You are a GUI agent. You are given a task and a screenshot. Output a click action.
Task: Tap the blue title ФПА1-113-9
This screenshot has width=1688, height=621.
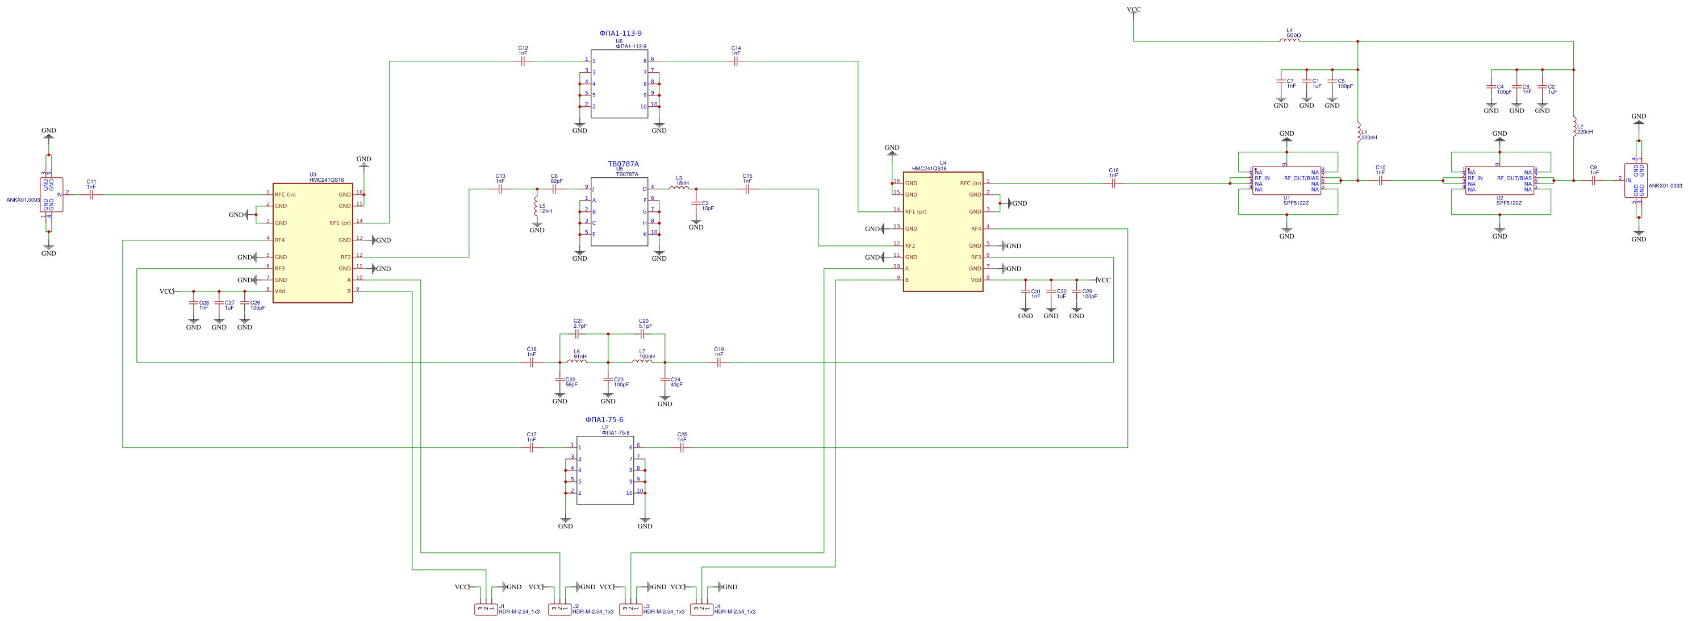coord(620,33)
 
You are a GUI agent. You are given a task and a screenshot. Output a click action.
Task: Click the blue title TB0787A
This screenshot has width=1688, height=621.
coord(622,164)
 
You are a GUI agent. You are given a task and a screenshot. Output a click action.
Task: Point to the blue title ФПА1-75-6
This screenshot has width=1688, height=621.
coord(604,420)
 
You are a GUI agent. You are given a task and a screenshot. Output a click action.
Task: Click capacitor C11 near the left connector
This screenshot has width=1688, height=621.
coord(91,194)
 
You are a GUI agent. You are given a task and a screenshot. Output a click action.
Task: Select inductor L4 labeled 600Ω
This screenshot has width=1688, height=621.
coord(1289,41)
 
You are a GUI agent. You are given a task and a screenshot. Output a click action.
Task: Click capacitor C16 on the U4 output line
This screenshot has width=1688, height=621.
coord(1113,183)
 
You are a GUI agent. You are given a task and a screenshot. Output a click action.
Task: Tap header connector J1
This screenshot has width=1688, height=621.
coord(486,609)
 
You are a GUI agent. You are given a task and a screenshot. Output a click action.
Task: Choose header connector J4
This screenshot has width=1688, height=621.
coord(701,609)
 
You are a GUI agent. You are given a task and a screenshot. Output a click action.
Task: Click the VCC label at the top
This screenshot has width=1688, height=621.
coord(1133,10)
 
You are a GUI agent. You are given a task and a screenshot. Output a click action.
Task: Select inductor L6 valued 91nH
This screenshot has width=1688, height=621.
coord(576,361)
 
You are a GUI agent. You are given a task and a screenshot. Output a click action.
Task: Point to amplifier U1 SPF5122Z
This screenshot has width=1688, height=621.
coord(1286,180)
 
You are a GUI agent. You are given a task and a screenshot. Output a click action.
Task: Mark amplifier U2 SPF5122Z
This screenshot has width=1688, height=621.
coord(1499,180)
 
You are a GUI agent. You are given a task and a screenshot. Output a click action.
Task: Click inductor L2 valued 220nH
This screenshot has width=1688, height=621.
coord(1573,127)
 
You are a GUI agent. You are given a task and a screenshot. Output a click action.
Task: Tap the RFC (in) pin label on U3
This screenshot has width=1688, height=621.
coord(285,195)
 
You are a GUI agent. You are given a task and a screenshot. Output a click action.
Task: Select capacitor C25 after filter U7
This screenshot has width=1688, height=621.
coord(682,447)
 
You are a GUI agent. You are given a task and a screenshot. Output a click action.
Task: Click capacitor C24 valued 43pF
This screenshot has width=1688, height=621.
coord(665,380)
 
